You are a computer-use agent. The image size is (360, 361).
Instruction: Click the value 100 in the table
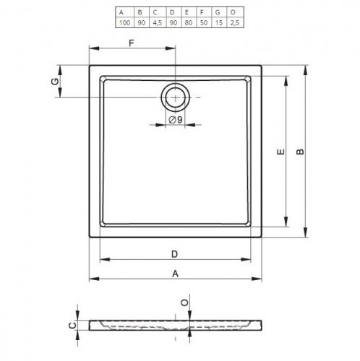124,23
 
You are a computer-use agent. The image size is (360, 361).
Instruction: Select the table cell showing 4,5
157,23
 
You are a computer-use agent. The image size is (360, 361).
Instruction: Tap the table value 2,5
235,23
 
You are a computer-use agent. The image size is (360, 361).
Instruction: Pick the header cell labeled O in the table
233,12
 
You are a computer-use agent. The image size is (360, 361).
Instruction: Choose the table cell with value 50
204,23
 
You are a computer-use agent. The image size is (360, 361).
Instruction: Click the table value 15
219,23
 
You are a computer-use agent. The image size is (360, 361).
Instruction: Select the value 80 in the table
189,23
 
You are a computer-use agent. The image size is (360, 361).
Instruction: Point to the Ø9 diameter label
176,120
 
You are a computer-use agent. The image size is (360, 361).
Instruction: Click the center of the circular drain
176,97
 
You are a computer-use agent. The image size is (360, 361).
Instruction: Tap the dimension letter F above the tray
132,43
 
